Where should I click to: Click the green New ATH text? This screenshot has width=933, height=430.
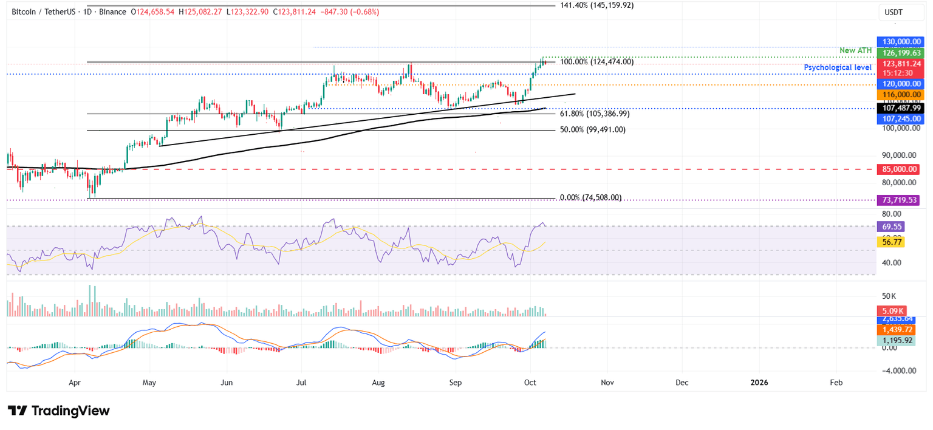(x=855, y=50)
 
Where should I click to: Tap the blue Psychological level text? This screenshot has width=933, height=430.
(x=838, y=67)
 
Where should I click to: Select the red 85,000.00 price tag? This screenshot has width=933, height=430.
(x=901, y=170)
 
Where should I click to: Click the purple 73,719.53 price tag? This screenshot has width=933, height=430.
(x=901, y=199)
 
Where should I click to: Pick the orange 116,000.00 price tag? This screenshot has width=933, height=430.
(x=901, y=95)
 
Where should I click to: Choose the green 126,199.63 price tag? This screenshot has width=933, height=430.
(x=901, y=53)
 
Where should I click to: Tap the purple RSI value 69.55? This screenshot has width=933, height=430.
(x=891, y=227)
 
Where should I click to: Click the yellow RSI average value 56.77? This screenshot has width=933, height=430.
(x=891, y=242)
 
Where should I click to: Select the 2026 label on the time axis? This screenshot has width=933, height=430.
(x=759, y=383)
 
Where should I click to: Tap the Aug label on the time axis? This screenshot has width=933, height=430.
(x=378, y=383)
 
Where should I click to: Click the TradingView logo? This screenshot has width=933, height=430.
(x=59, y=411)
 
